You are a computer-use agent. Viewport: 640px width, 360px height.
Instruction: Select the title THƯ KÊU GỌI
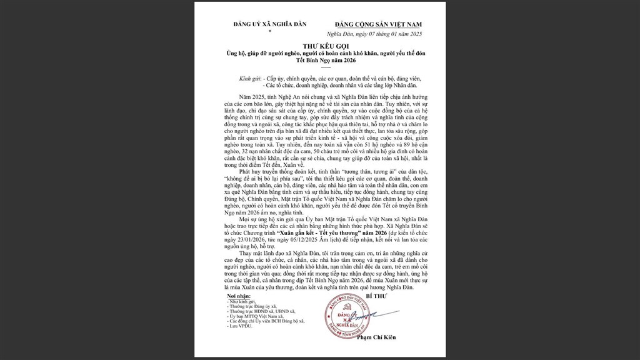[x=320, y=47]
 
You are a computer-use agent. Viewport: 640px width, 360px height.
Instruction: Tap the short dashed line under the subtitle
[x=320, y=69]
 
